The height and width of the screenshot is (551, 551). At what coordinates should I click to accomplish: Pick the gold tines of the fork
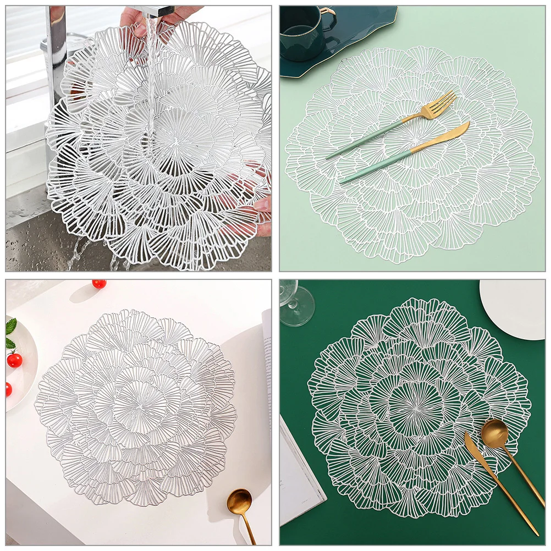440,104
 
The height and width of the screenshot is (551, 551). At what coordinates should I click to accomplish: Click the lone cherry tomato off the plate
99,284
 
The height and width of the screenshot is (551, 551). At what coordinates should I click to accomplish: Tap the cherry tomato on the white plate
15,360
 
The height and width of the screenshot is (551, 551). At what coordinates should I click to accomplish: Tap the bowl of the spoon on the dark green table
495,432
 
